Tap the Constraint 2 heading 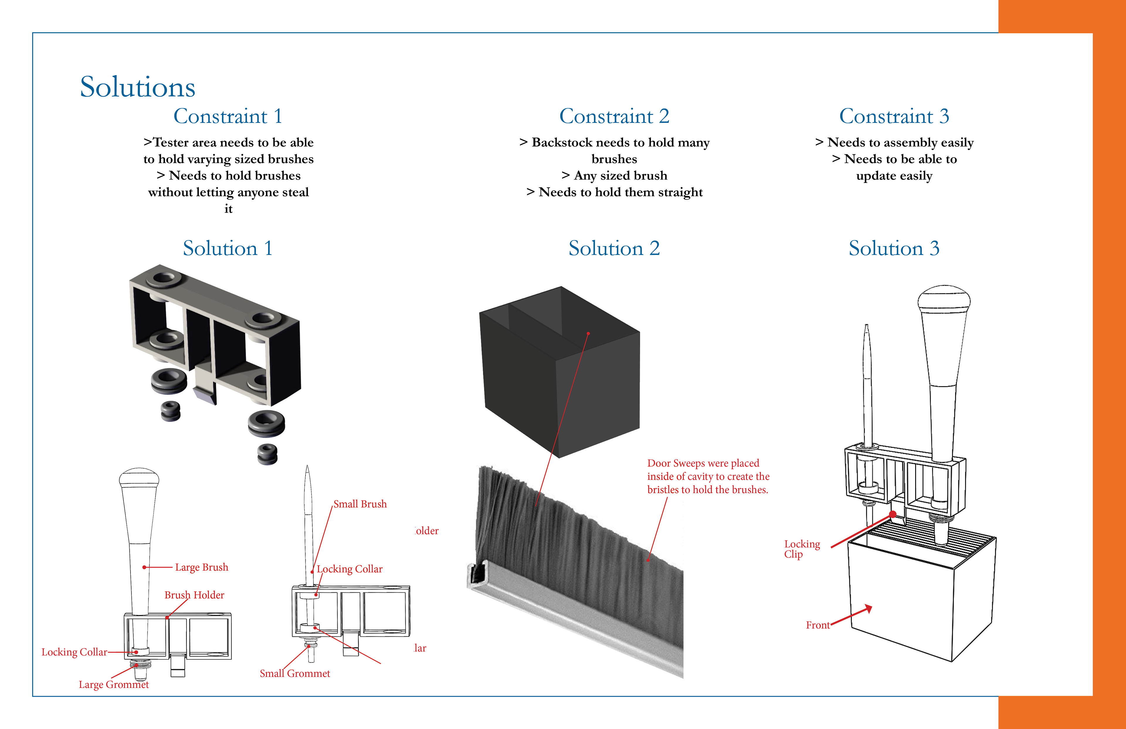(614, 116)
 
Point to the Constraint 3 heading (894, 116)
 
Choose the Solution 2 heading (614, 248)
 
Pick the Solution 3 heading (894, 248)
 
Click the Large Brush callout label (201, 567)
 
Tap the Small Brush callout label (360, 504)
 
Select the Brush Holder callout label (194, 595)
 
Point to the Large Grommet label (113, 684)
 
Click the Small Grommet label (295, 674)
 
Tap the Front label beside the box (818, 625)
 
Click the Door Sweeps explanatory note (708, 476)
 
